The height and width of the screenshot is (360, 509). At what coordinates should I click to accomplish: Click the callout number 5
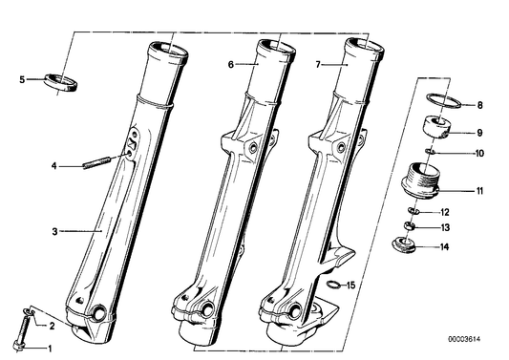coord(22,79)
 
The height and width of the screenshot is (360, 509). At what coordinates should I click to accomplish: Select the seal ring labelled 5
coord(61,83)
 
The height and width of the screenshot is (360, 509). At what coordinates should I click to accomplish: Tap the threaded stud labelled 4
coord(97,163)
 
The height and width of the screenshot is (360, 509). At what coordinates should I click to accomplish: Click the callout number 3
coord(54,232)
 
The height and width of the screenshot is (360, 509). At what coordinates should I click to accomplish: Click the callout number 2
coord(52,327)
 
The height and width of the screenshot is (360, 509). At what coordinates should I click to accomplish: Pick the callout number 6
coord(230,65)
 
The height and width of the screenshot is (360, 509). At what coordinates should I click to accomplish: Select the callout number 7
coord(318,65)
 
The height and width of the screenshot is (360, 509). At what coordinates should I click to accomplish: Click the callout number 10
coord(479,153)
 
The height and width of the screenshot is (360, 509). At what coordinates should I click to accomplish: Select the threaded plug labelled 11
coord(420,180)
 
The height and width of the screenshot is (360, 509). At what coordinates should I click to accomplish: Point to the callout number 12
coord(445,212)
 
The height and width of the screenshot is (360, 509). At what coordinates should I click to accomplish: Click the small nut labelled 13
coord(410,225)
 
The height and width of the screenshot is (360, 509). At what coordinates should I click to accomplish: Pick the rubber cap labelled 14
coord(404,245)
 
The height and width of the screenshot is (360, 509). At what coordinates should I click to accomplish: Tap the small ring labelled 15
coord(334,285)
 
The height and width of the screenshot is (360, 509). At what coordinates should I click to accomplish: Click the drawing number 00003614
coord(464,340)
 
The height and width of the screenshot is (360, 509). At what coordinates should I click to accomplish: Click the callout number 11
coord(479,191)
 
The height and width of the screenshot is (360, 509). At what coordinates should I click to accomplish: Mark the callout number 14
coord(444,247)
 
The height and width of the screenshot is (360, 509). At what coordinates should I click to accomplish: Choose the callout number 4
coord(53,166)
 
